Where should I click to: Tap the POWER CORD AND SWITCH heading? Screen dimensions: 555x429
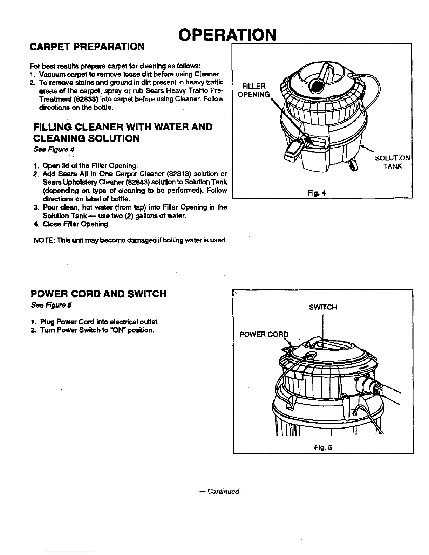tap(98, 294)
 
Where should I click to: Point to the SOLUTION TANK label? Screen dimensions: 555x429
tap(392, 162)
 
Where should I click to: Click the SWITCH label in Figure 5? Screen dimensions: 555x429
tap(323, 307)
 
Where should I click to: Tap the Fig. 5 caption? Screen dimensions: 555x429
tap(323, 447)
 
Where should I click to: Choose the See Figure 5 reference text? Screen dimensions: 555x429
tap(51, 305)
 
